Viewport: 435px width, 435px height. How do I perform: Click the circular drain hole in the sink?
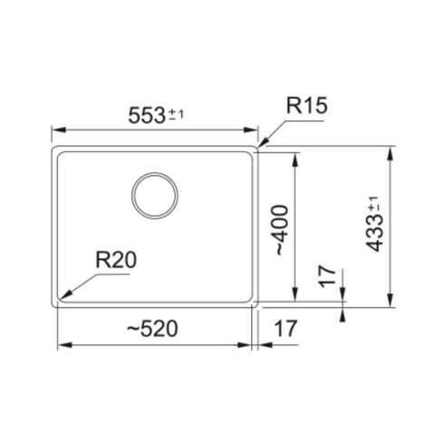[155, 194]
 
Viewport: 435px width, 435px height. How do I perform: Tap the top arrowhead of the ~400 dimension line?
[296, 154]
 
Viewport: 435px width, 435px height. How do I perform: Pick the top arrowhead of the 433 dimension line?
[391, 147]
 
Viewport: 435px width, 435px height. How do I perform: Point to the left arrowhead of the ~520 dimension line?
[59, 346]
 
